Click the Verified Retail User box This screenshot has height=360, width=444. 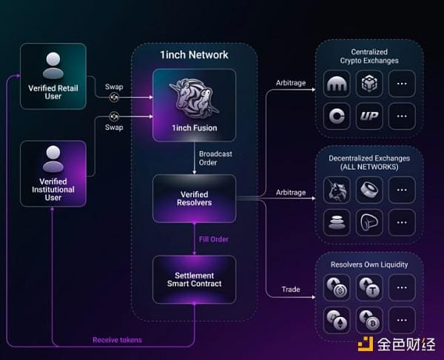[53, 77]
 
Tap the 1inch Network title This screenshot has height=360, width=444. [194, 55]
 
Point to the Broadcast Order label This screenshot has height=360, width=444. [208, 158]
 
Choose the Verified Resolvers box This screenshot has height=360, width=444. [194, 198]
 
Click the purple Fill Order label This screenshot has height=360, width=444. [213, 239]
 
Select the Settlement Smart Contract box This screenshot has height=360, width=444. [194, 279]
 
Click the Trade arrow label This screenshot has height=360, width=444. [291, 289]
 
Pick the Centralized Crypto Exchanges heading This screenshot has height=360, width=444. [369, 56]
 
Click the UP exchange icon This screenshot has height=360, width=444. [369, 116]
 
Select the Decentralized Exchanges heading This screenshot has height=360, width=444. [369, 163]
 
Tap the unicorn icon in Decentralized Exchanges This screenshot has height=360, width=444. [337, 190]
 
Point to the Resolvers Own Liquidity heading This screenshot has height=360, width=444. [369, 264]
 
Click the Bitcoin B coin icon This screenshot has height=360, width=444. [369, 319]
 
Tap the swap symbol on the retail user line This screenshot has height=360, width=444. [115, 96]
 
